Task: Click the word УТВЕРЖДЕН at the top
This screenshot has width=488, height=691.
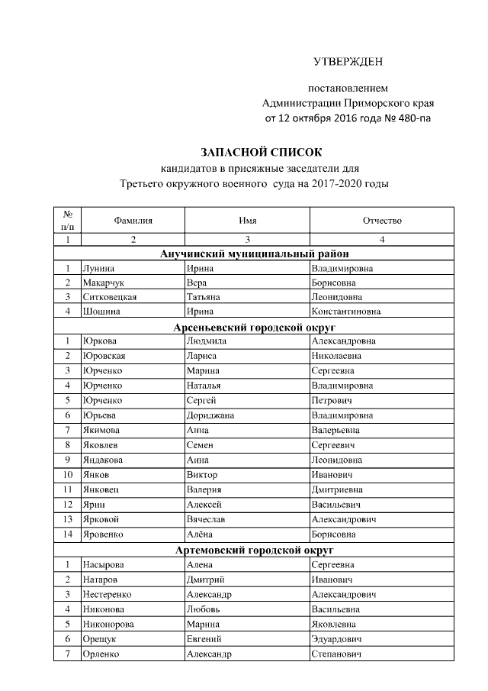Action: [x=349, y=60]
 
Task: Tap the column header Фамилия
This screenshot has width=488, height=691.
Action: [x=133, y=221]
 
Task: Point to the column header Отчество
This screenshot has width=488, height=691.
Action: [x=382, y=221]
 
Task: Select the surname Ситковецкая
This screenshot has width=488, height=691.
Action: [x=110, y=297]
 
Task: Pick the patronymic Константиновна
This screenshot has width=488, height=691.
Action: [x=346, y=312]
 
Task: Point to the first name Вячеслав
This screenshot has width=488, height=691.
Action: [x=208, y=519]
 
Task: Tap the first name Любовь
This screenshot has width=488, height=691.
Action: [x=204, y=609]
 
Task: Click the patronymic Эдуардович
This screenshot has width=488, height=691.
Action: [x=336, y=638]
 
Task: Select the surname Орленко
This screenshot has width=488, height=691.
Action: [x=102, y=654]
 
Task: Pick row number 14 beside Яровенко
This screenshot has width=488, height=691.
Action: [x=68, y=534]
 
